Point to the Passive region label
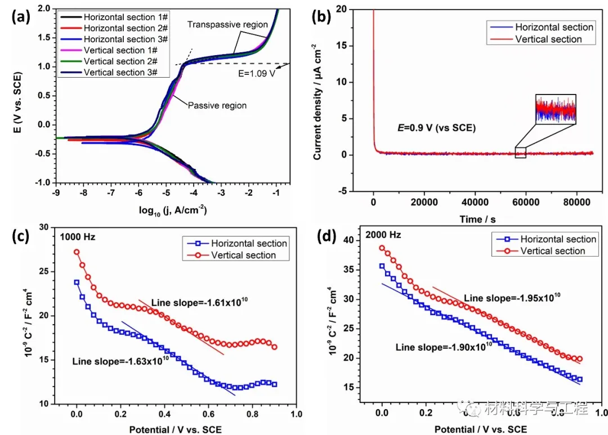[x=217, y=105]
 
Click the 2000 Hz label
[x=381, y=234]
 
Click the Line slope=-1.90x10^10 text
[x=444, y=347]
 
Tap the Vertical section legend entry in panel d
[x=552, y=251]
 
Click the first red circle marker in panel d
[x=382, y=248]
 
